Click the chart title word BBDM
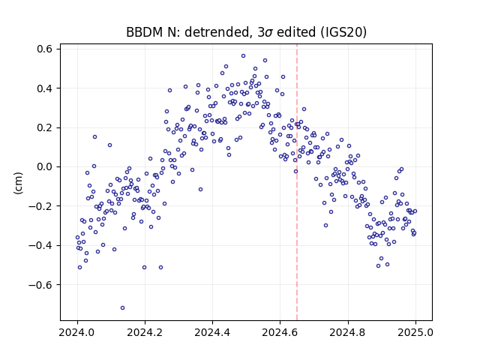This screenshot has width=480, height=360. [x=145, y=32]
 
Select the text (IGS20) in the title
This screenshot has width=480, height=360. [x=343, y=32]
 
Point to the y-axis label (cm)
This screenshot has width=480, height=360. [x=18, y=183]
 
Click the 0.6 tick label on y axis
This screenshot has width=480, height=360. [x=44, y=49]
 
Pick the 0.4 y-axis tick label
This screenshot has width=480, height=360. [x=44, y=88]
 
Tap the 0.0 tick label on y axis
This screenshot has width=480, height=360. [x=44, y=166]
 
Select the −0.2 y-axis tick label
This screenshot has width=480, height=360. [x=40, y=206]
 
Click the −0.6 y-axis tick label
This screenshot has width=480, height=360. [x=40, y=285]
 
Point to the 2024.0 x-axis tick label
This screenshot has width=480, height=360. [x=77, y=332]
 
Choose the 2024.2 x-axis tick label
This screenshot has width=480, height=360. [x=145, y=332]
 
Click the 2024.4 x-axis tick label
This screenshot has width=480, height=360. [x=212, y=332]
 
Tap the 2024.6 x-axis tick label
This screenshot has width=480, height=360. [x=280, y=332]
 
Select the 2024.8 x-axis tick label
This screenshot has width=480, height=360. [x=348, y=332]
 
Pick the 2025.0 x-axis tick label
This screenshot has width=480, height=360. [x=415, y=332]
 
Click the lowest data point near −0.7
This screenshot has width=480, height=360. [x=122, y=307]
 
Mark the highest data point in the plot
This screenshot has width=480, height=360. [x=243, y=55]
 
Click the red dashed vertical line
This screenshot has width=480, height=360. [x=297, y=182]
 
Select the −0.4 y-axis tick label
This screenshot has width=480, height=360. [x=40, y=245]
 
